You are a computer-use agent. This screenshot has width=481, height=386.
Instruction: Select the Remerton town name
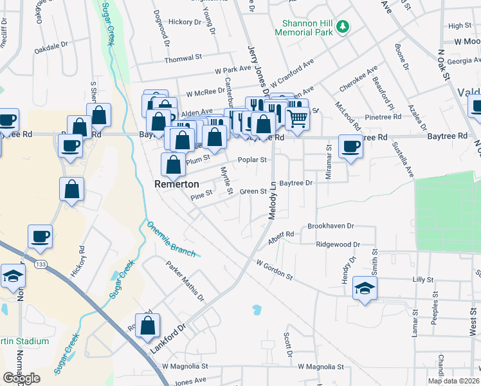pyautogui.click(x=174, y=183)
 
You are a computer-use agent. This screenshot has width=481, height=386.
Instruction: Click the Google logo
pyautogui.click(x=21, y=378)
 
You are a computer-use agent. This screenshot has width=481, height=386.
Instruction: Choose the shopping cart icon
pyautogui.click(x=297, y=118)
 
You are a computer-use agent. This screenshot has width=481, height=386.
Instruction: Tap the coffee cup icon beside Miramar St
pyautogui.click(x=350, y=145)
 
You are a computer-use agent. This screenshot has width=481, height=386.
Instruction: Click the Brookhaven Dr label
pyautogui.click(x=331, y=226)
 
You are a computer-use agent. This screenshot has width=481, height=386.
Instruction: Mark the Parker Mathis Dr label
pyautogui.click(x=185, y=281)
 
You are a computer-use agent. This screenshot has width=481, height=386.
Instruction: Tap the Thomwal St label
pyautogui.click(x=183, y=58)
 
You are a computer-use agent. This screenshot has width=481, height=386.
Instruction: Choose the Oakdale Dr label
pyautogui.click(x=51, y=46)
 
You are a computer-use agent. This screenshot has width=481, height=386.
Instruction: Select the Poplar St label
pyautogui.click(x=252, y=160)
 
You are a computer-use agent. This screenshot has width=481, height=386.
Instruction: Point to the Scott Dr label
pyautogui.click(x=288, y=345)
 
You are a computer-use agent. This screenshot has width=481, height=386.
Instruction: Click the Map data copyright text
pyautogui.click(x=453, y=381)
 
